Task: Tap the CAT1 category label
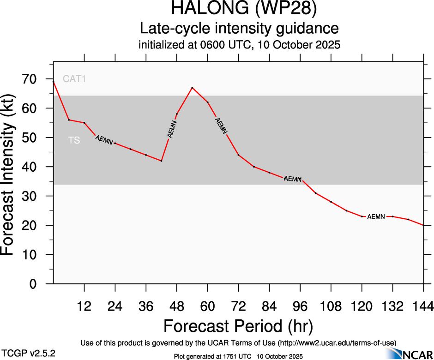[75, 79]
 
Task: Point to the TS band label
[74, 140]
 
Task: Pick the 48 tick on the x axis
[177, 306]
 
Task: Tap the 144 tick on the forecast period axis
[423, 306]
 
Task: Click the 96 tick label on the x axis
[300, 306]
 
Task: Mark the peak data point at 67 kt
[192, 88]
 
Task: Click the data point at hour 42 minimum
[161, 161]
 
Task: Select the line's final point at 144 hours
[423, 225]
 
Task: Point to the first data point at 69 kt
[54, 82]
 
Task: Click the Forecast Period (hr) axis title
[238, 326]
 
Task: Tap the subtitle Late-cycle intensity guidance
[239, 29]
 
